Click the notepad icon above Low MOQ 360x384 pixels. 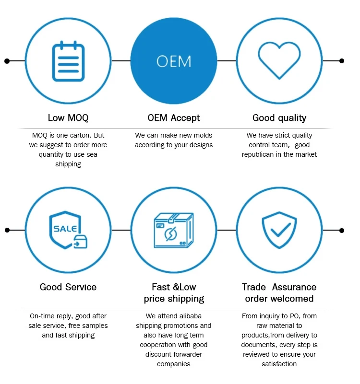pos(68,61)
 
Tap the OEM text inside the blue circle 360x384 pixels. pos(174,61)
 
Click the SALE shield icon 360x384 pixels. pos(68,231)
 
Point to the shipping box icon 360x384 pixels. pos(173,231)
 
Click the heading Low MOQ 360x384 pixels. pos(68,118)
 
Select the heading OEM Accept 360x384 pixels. pos(174,118)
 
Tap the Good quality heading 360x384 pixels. pos(279,118)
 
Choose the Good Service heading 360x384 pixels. pos(68,287)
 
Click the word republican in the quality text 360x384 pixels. pos(260,154)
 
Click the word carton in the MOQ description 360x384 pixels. pos(78,135)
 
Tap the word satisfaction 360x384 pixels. pos(279,364)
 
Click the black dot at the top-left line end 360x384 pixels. pos(7,61)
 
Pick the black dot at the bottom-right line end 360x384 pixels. pos(342,231)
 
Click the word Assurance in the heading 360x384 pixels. pos(294,287)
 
